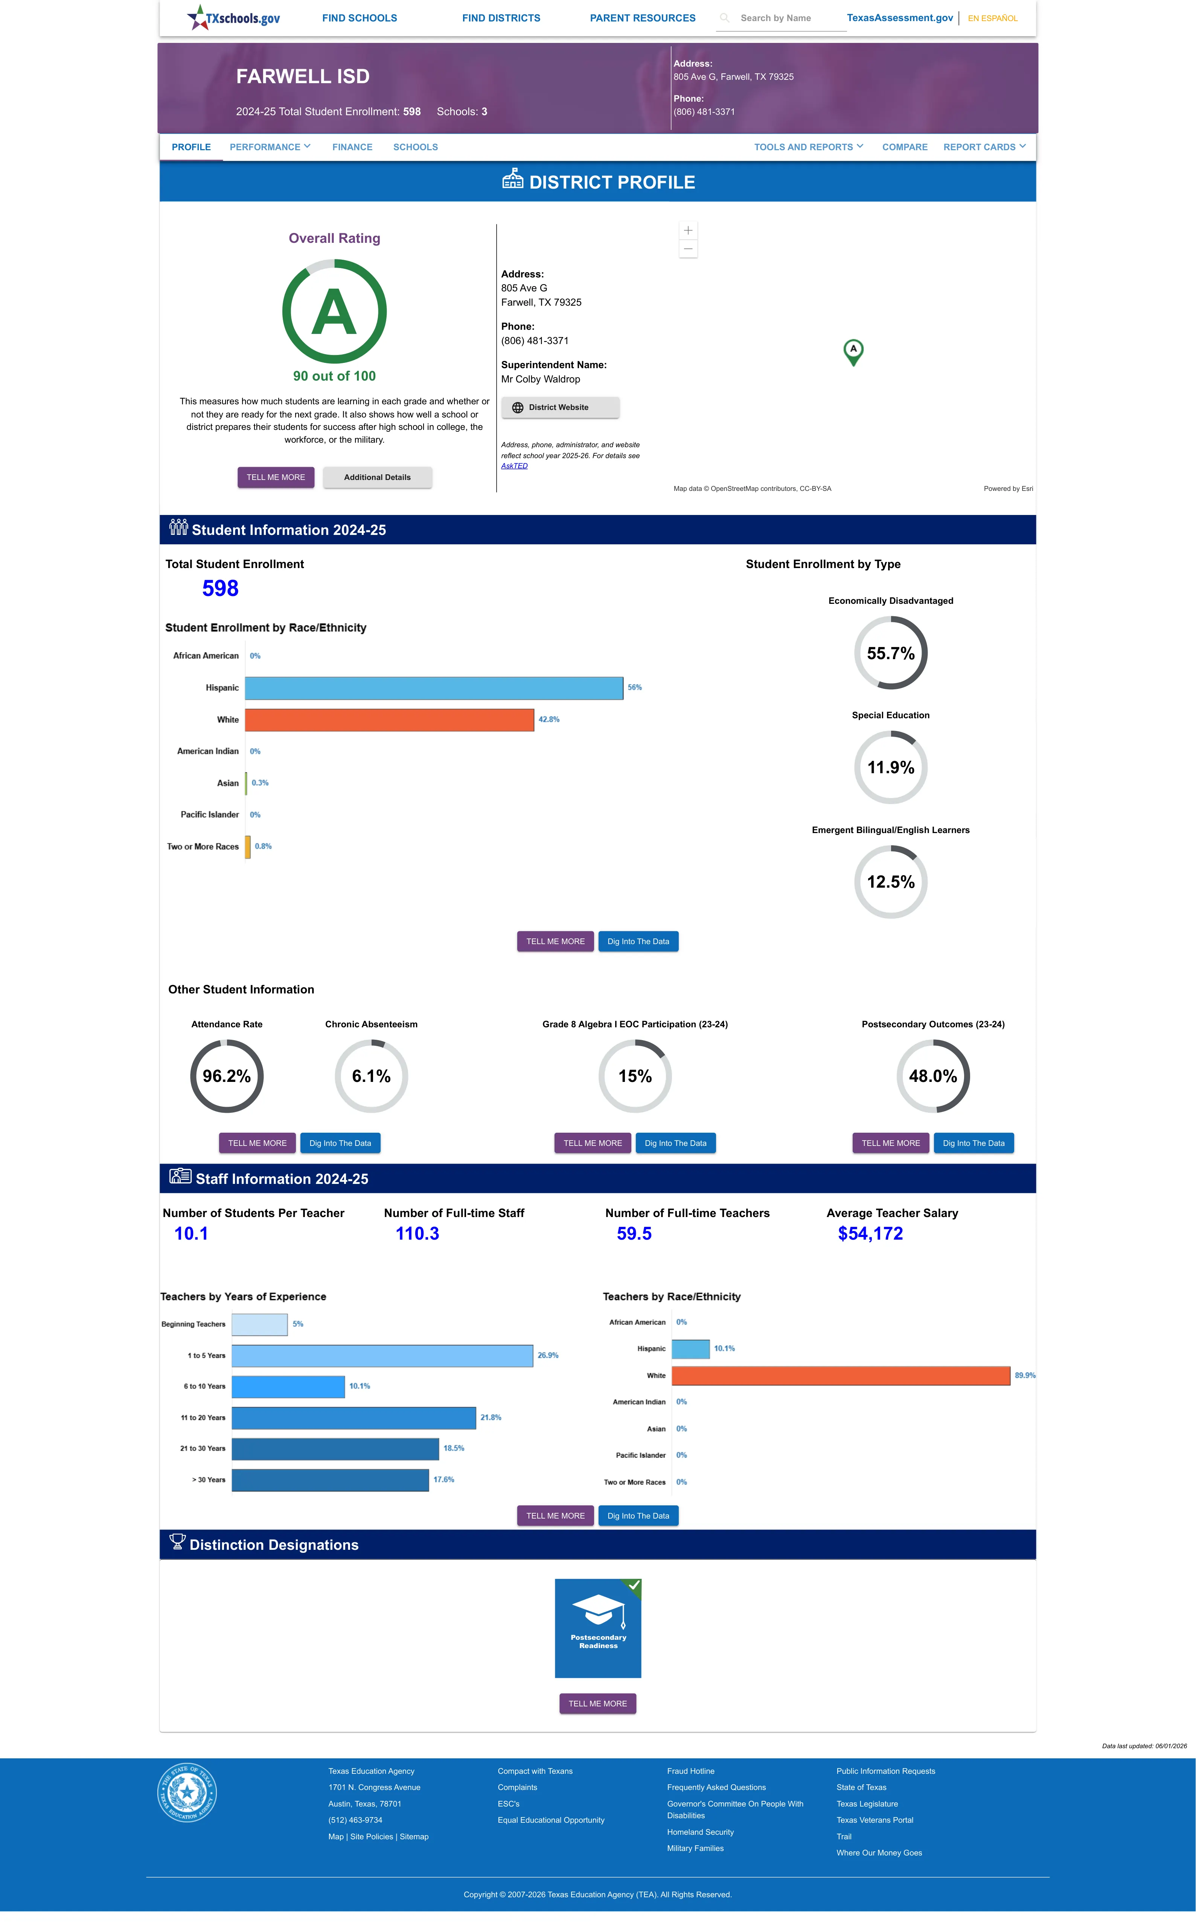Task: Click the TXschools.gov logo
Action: coord(233,17)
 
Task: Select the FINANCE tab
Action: coord(352,147)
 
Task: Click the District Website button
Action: coord(560,407)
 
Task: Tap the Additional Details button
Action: coord(377,478)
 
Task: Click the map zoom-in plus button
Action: coord(688,230)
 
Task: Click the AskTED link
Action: coord(514,466)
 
